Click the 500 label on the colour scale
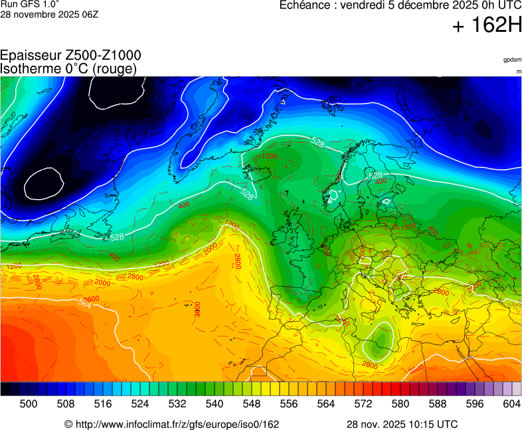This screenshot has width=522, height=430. (x=29, y=403)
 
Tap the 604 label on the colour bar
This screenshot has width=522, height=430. (x=511, y=403)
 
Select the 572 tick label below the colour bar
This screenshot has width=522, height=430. (x=363, y=403)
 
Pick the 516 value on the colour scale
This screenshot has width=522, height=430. (x=103, y=403)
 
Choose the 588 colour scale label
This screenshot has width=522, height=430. (x=438, y=403)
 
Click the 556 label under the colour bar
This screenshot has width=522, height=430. (x=289, y=403)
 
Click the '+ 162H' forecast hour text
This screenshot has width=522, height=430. (x=487, y=26)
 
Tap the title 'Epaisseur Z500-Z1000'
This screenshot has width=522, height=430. (x=70, y=56)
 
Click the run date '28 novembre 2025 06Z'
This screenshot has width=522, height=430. (x=49, y=14)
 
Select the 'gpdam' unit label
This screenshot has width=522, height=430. (x=512, y=60)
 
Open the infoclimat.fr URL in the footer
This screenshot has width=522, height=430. (x=171, y=424)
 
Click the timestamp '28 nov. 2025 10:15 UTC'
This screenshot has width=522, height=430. (x=402, y=424)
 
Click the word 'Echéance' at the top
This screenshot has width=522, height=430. (x=305, y=5)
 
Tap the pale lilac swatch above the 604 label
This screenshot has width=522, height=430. (x=516, y=389)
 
